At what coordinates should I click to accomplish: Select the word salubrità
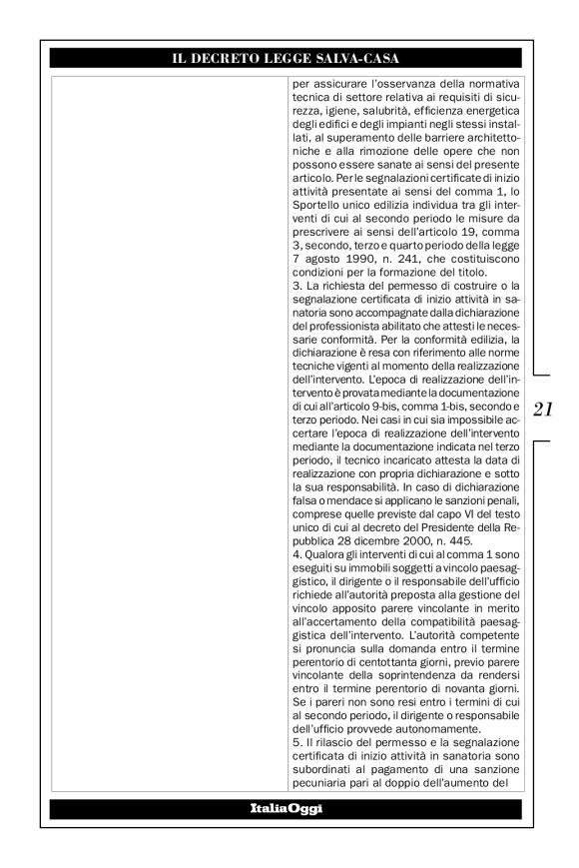pos(389,115)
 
